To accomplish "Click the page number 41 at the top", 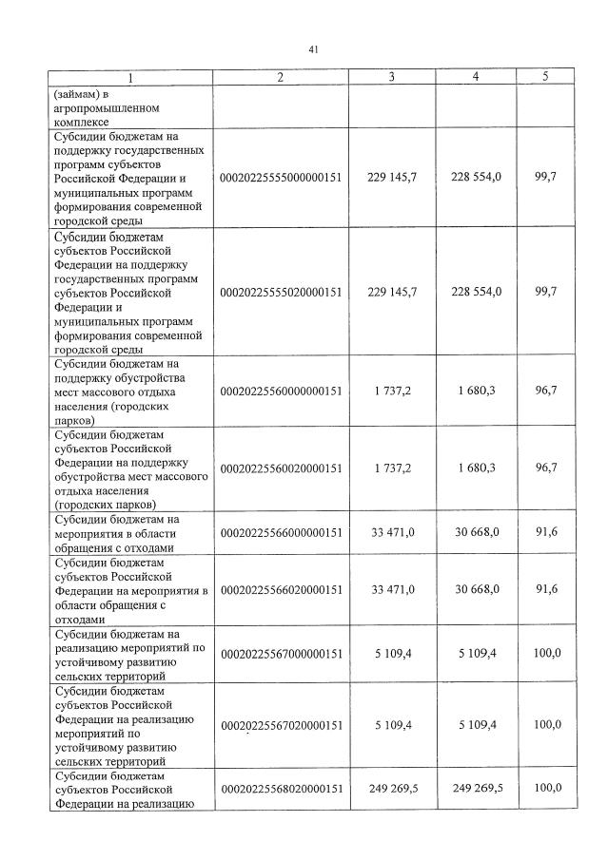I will point(313,49).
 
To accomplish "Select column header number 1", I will point(132,77).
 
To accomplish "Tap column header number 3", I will point(391,77).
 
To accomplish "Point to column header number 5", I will point(545,77).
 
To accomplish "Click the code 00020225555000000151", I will point(281,178).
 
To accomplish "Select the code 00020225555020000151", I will point(281,291).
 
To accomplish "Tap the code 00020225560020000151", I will point(281,468).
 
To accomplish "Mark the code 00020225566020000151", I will point(281,589).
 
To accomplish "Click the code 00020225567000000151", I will point(281,654).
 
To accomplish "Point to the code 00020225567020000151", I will point(281,725).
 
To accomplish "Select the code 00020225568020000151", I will point(281,789).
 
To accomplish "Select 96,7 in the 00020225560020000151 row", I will point(545,468).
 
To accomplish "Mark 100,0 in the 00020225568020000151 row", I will point(546,789).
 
